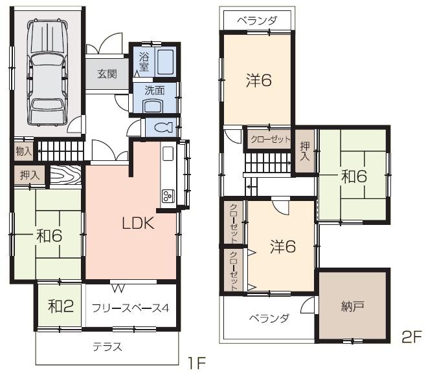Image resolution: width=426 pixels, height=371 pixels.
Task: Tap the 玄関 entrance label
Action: click(x=107, y=74)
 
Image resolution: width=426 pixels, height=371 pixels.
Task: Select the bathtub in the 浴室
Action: click(x=164, y=63)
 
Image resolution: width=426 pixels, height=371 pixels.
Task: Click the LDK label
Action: click(x=138, y=224)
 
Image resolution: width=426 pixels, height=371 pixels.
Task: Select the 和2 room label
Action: click(x=60, y=306)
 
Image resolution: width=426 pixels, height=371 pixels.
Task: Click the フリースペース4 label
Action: click(x=130, y=308)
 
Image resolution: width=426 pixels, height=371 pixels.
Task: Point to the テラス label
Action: click(x=108, y=346)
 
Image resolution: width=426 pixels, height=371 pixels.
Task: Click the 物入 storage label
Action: click(x=23, y=151)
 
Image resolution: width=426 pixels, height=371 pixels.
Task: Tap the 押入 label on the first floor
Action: click(x=29, y=175)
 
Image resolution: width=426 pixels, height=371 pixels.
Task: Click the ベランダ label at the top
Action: click(x=257, y=20)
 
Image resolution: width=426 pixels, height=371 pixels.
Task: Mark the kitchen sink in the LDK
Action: click(x=167, y=154)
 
